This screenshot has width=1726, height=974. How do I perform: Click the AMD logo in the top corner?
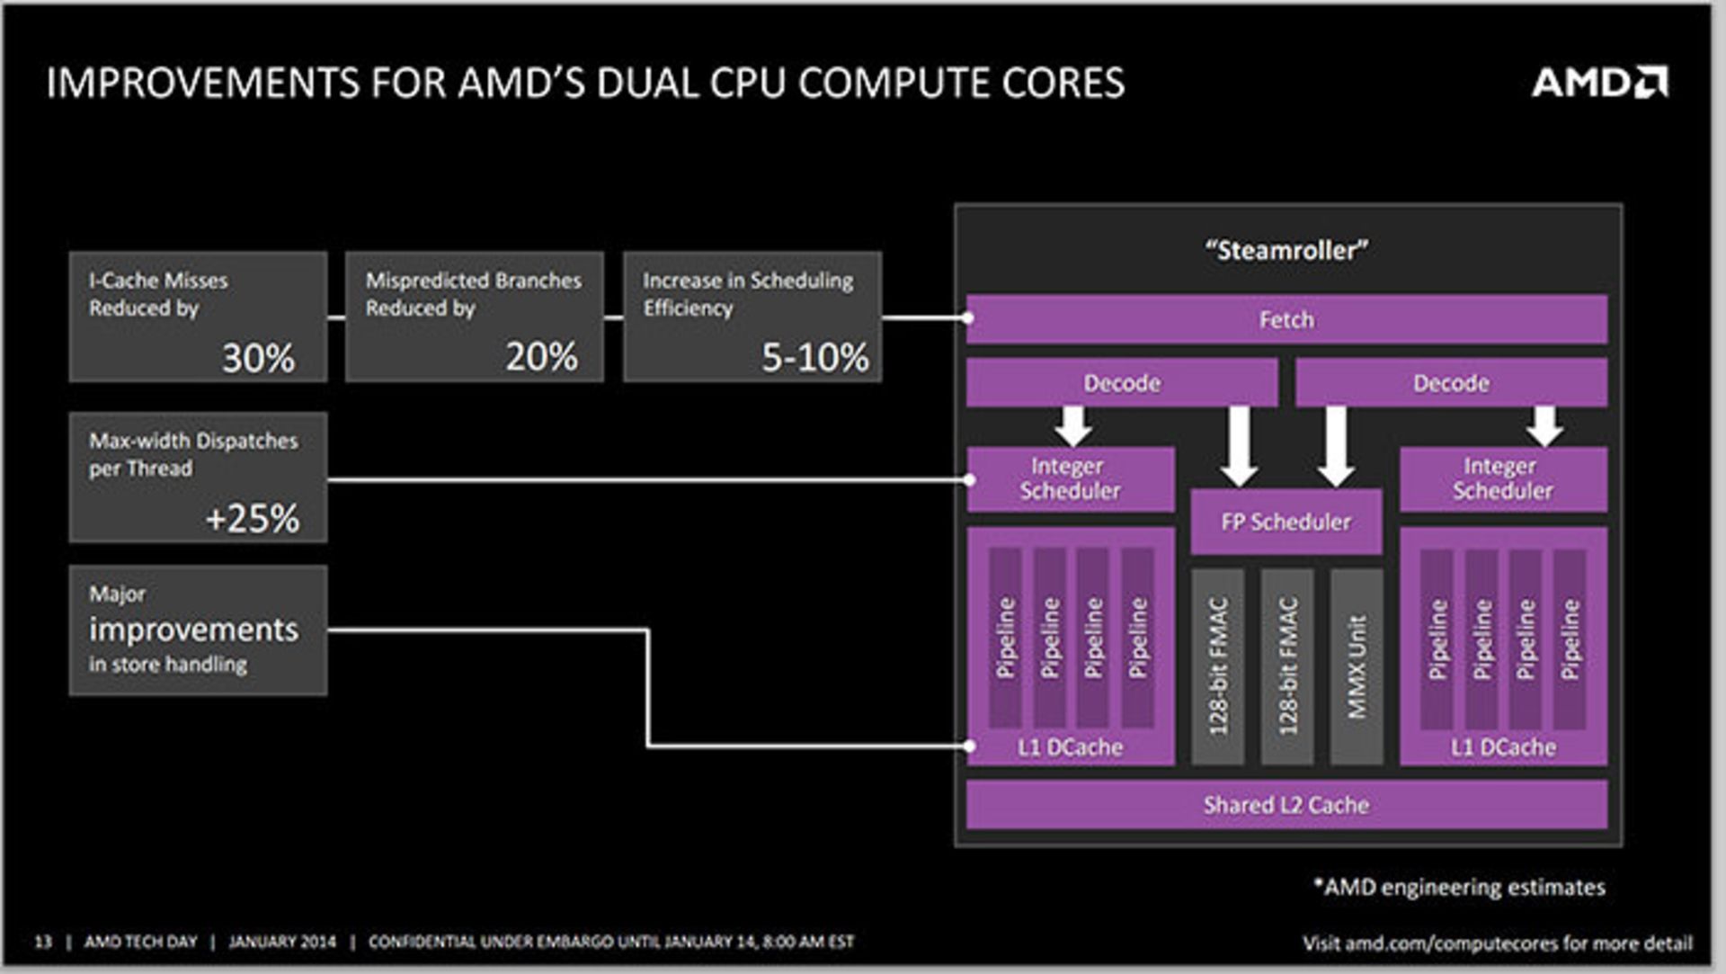[1599, 82]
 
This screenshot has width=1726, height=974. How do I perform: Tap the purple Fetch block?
[1286, 319]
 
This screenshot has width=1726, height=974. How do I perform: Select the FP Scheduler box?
[1286, 522]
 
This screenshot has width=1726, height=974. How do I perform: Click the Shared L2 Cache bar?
[1286, 805]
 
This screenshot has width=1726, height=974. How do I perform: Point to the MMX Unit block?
[1357, 666]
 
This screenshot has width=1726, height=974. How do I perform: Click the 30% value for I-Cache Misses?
[258, 358]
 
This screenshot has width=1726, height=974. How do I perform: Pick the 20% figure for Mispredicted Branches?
[541, 357]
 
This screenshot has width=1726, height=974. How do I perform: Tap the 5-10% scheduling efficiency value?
[815, 357]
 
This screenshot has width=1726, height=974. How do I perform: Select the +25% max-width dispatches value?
[253, 518]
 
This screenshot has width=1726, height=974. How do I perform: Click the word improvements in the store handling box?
[193, 630]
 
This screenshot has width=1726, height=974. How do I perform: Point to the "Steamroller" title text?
[1286, 250]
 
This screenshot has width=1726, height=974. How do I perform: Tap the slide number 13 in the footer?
[43, 942]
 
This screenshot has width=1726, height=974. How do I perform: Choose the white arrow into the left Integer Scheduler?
[1073, 426]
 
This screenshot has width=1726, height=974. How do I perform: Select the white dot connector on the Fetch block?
[967, 317]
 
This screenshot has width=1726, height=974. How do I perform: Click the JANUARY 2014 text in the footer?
[281, 942]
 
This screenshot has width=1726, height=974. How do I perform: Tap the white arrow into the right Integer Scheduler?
[1544, 426]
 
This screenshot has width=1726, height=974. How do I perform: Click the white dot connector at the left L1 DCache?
[969, 746]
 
